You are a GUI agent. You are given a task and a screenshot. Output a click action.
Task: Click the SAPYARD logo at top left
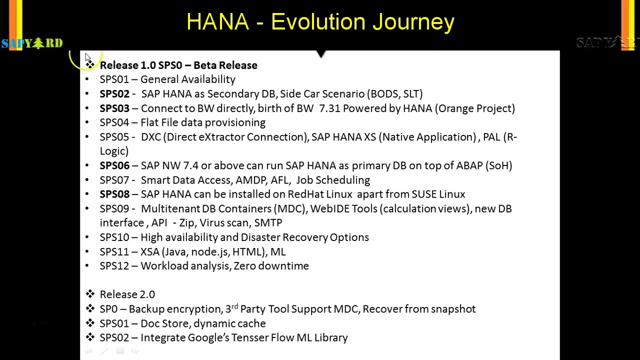coord(32,43)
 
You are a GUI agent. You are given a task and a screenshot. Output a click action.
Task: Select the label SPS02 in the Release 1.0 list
coord(114,94)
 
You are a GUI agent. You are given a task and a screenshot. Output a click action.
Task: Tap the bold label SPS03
coord(114,108)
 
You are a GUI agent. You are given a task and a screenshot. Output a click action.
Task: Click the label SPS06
coord(114,165)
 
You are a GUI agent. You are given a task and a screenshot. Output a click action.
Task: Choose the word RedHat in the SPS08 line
coord(305,194)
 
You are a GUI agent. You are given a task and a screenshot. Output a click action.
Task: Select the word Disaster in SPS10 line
coord(260,237)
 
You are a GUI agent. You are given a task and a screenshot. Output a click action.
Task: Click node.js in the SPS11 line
coord(210,252)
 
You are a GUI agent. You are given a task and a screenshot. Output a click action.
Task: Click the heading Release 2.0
coord(127,294)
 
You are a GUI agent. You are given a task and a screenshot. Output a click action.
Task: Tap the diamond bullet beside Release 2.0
coord(90,294)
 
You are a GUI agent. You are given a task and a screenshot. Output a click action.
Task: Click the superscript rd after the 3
coord(234,306)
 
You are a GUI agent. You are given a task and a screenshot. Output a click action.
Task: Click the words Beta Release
coord(225,65)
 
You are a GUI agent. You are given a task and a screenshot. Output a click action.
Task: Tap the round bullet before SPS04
coord(87,122)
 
